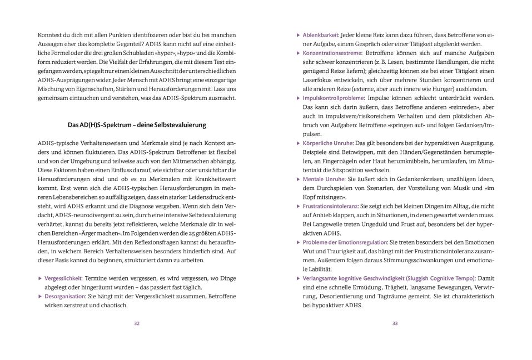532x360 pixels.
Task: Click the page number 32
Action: [137, 324]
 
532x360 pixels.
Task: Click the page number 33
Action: [395, 324]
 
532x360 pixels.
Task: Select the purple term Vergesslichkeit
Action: [64, 278]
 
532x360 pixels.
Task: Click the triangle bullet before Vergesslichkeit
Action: [40, 278]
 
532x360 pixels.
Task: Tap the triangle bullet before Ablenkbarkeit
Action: [298, 35]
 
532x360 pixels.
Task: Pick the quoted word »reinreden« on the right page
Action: [450, 107]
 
